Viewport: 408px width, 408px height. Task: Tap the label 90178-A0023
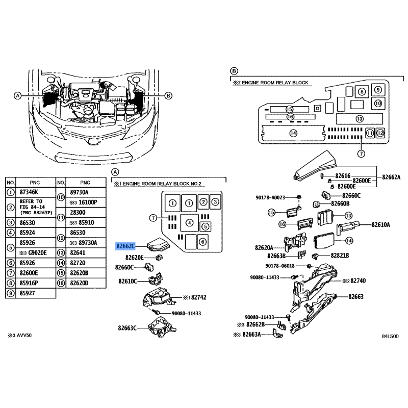(270, 197)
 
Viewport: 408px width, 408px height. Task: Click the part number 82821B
(339, 255)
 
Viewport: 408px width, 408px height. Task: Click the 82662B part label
(253, 324)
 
